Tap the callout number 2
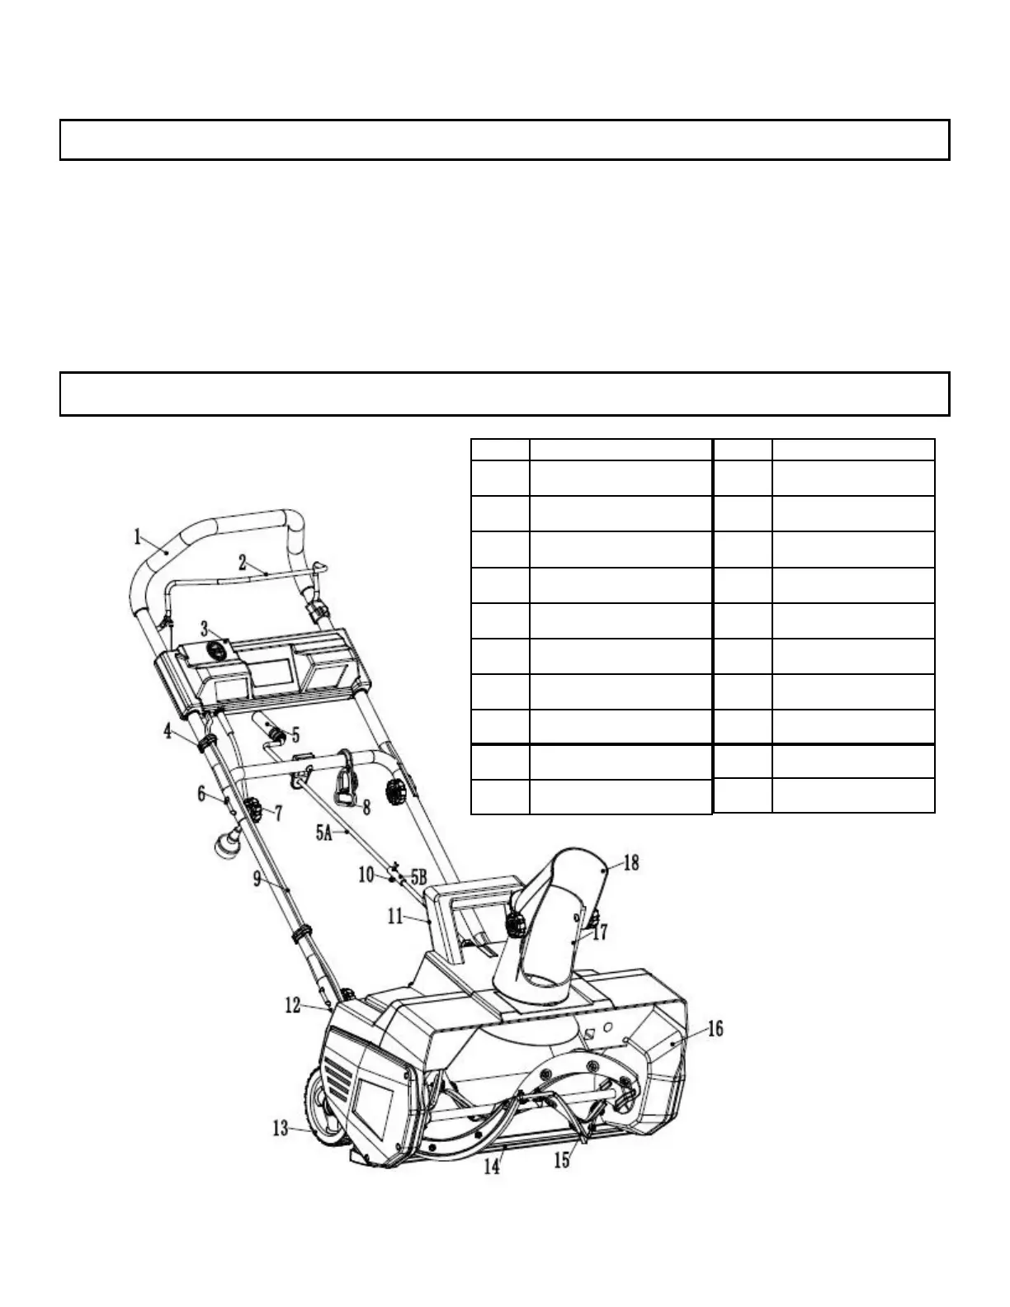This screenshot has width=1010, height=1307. (243, 563)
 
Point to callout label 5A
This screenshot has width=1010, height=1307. (323, 833)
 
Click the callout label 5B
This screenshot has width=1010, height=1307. (419, 876)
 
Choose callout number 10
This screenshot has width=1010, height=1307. (366, 875)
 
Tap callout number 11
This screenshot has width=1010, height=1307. (394, 915)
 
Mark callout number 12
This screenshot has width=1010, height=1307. (293, 1007)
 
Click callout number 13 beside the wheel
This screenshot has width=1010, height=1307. (281, 1127)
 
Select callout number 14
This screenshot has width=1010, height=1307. (492, 1167)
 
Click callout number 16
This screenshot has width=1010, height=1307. (715, 1029)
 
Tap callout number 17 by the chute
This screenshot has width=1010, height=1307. (600, 932)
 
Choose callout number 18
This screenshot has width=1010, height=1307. (631, 863)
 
